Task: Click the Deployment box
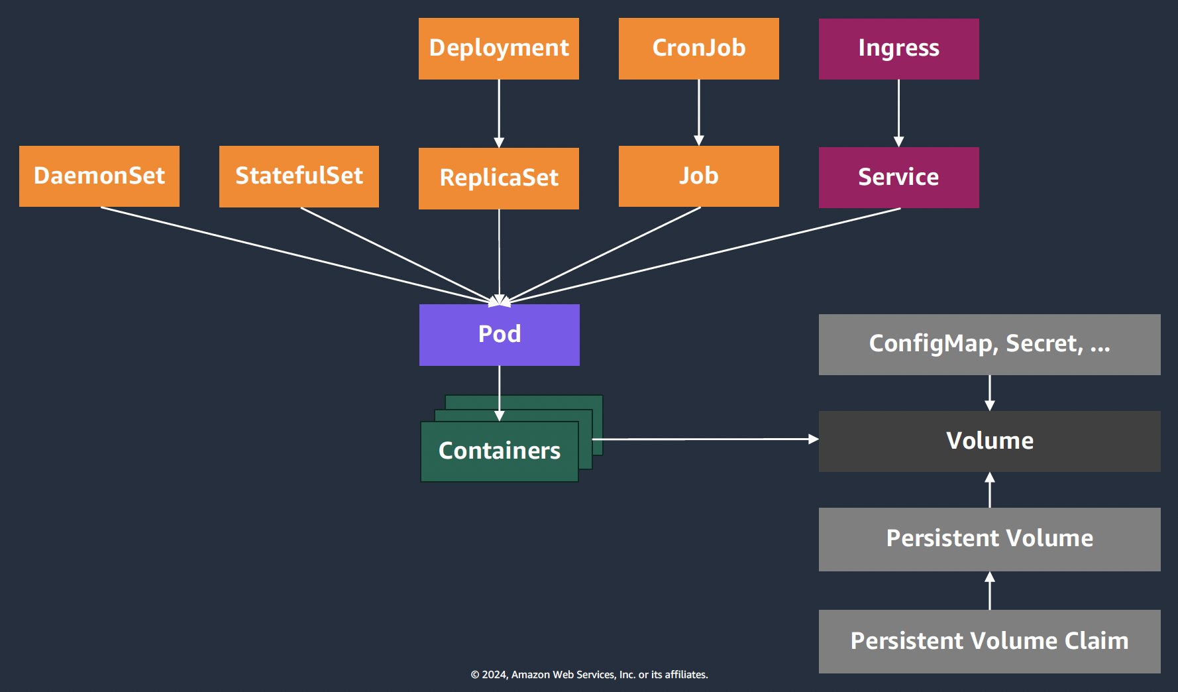[498, 48]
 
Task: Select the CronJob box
[698, 48]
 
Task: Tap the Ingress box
[898, 48]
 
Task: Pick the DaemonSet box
[99, 176]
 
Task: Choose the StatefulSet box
[299, 176]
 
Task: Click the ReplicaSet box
[498, 178]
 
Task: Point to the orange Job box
[698, 176]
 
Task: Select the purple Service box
[898, 177]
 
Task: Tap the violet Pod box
[499, 335]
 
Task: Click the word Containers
[499, 451]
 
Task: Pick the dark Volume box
[989, 441]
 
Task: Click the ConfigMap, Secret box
[989, 345]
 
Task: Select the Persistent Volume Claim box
[989, 641]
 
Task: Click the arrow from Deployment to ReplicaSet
[499, 113]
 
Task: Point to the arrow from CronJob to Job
[699, 111]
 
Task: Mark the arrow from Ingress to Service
[898, 113]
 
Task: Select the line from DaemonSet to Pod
[292, 255]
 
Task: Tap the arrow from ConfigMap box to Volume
[990, 392]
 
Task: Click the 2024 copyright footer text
[589, 675]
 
